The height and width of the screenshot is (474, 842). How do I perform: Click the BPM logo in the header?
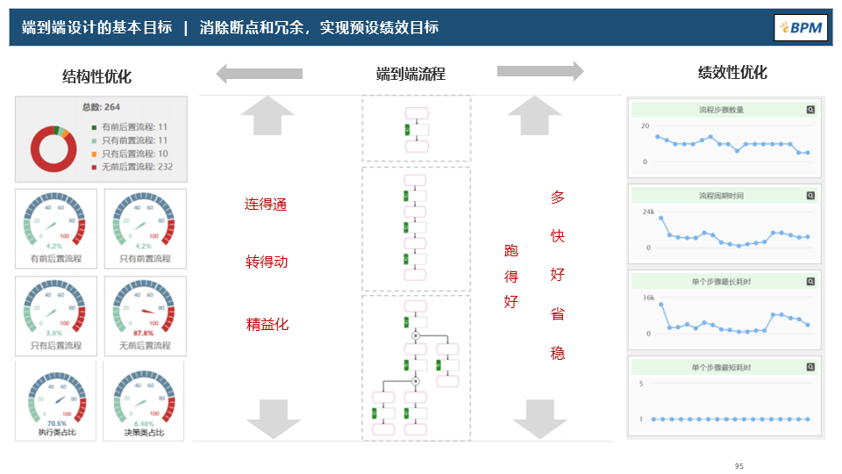tap(802, 27)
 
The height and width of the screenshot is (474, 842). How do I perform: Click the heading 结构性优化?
tap(96, 76)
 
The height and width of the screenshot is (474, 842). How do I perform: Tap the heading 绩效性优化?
tap(731, 72)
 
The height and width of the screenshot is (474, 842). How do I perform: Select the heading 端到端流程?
tap(410, 74)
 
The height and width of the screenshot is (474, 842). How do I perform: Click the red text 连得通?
tap(266, 205)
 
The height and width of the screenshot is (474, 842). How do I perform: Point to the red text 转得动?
tap(266, 262)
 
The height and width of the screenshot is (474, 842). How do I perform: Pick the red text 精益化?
tap(267, 324)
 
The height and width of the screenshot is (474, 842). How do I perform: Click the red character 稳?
tap(558, 353)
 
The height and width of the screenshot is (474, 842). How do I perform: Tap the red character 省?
tap(558, 314)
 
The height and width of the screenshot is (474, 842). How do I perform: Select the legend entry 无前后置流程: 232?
tap(136, 166)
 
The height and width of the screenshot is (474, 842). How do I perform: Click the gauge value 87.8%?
tap(144, 334)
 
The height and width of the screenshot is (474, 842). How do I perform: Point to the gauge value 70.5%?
tap(56, 423)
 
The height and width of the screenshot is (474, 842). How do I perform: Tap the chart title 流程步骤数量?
tap(722, 110)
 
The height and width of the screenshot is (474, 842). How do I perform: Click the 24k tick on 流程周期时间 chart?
tap(647, 212)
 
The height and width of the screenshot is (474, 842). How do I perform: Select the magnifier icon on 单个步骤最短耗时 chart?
tap(810, 367)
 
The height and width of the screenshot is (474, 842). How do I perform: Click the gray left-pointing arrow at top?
tap(260, 74)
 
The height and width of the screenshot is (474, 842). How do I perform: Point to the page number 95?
tap(739, 466)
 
